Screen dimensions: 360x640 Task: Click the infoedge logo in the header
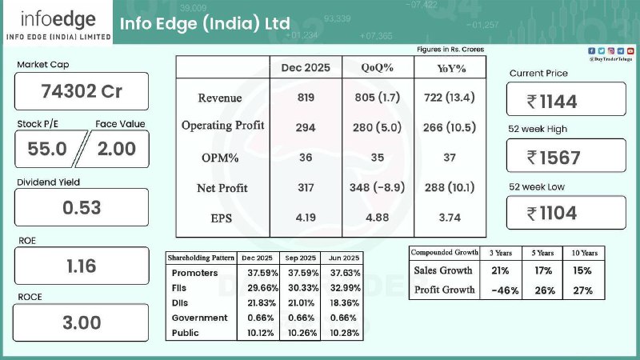pyautogui.click(x=55, y=23)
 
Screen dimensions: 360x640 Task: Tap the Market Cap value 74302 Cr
pyautogui.click(x=82, y=91)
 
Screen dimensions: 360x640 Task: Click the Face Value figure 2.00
pyautogui.click(x=116, y=148)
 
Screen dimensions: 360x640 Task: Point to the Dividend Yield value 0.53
pyautogui.click(x=82, y=208)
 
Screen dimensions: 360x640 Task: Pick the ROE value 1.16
pyautogui.click(x=82, y=266)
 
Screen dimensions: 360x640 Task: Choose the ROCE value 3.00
pyautogui.click(x=82, y=323)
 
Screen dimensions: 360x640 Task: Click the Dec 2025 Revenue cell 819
pyautogui.click(x=306, y=98)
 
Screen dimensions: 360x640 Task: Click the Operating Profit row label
pyautogui.click(x=222, y=126)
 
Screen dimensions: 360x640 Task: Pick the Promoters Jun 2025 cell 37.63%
pyautogui.click(x=340, y=272)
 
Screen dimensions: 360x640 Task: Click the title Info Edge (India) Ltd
pyautogui.click(x=205, y=22)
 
